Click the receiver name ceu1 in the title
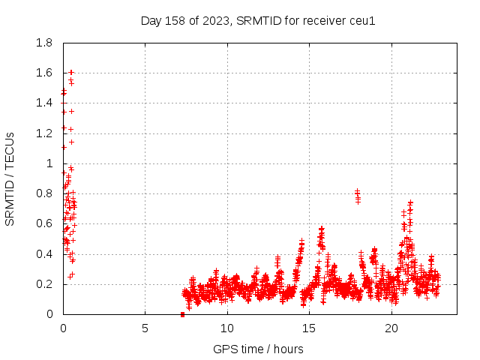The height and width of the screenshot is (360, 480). (361, 20)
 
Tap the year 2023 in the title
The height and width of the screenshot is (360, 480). (213, 20)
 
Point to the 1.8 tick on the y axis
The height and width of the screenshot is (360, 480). (44, 43)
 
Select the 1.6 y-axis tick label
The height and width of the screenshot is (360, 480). (44, 73)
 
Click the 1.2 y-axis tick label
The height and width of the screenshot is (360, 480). (44, 133)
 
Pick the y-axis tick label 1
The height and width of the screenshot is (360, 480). (49, 163)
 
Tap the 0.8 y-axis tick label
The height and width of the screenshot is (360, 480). (44, 193)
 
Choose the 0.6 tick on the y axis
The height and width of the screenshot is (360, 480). (44, 223)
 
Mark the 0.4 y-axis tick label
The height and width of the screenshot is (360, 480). (44, 254)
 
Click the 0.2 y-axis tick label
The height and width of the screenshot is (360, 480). (44, 284)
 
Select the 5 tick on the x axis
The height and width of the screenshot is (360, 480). (145, 328)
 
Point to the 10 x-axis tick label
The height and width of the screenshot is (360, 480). (226, 328)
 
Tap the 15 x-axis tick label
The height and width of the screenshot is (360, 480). (309, 328)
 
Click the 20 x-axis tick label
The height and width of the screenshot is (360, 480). (391, 328)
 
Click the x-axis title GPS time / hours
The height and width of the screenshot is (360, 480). (258, 349)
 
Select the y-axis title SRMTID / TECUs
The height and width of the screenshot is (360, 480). (10, 178)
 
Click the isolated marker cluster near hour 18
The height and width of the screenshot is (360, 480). (358, 196)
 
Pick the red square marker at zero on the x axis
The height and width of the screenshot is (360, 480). (183, 314)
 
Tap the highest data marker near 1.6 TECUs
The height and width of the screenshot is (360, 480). (70, 73)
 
